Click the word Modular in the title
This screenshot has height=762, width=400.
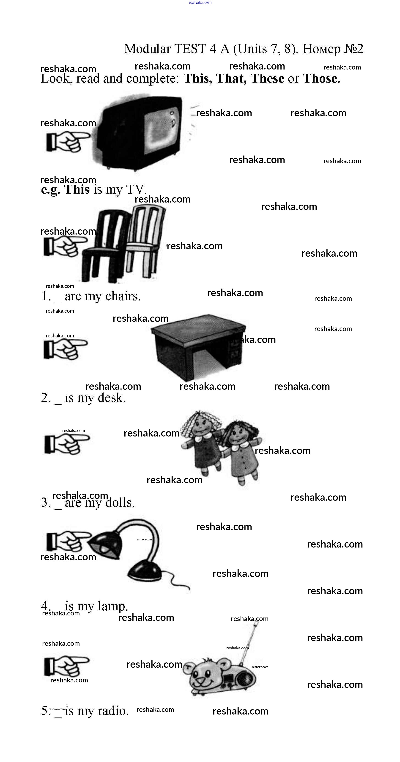coord(147,49)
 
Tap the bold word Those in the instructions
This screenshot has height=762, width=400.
coord(321,78)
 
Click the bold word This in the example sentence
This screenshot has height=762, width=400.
coord(77,189)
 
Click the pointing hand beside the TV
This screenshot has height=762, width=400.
coord(68,142)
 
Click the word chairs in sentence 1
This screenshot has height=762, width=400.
coord(123,296)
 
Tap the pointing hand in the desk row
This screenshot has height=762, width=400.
coord(66,349)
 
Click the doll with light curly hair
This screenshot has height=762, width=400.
coord(202,441)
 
